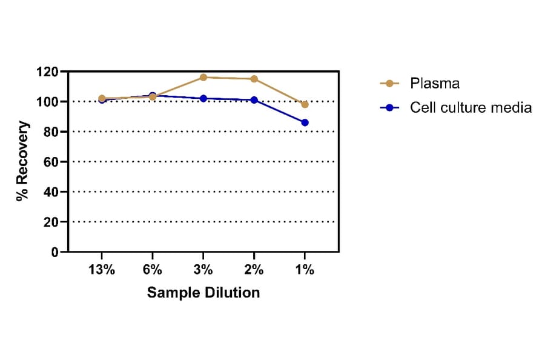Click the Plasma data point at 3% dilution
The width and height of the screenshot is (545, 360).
click(x=203, y=78)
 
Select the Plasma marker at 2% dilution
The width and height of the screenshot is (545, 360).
click(x=254, y=79)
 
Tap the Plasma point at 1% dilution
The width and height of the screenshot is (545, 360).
click(x=305, y=104)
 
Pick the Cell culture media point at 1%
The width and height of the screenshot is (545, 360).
click(x=305, y=122)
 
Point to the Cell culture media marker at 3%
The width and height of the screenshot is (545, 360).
click(x=203, y=98)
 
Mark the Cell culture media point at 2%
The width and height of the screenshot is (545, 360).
click(x=254, y=100)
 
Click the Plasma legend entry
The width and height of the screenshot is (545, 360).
click(x=434, y=83)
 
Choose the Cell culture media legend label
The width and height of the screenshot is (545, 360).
click(x=471, y=107)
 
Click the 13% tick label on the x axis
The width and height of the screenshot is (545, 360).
click(x=102, y=270)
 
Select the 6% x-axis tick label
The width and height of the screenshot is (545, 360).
click(x=153, y=270)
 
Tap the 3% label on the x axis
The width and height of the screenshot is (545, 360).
click(x=203, y=270)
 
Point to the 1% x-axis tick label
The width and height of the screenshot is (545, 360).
click(x=305, y=270)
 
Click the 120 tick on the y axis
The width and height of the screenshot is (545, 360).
click(x=48, y=72)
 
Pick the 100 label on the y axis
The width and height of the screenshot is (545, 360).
click(x=48, y=102)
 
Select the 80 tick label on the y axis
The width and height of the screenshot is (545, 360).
click(x=51, y=132)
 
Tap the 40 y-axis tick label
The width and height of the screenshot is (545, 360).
click(x=51, y=192)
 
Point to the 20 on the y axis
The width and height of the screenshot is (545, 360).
click(x=51, y=222)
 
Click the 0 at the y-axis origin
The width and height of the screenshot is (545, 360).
click(x=54, y=252)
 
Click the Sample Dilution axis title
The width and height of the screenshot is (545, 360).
click(x=203, y=293)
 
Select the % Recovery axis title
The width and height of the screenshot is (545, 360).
click(x=22, y=161)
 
